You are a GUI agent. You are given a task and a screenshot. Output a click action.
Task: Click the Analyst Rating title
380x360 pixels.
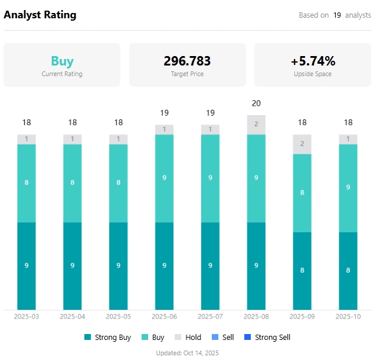point(40,15)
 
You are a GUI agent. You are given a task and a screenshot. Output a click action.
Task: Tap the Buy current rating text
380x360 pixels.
point(62,61)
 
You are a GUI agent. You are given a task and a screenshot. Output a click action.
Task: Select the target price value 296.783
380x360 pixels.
point(187,61)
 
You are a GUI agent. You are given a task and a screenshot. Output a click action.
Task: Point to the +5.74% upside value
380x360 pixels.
point(313,61)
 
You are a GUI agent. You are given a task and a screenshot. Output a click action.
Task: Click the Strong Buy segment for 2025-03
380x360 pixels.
point(27,266)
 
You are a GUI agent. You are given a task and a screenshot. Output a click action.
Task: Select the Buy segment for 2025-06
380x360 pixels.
point(165,178)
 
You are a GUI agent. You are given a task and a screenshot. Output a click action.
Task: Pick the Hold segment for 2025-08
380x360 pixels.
point(256,125)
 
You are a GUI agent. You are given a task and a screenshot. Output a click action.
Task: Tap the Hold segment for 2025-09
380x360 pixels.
point(302,144)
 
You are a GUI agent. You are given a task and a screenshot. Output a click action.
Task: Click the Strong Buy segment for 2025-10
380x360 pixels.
point(348,270)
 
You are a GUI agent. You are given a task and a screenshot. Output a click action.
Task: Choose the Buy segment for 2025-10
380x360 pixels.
point(348,188)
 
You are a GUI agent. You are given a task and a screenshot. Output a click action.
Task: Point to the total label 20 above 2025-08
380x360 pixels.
point(256,103)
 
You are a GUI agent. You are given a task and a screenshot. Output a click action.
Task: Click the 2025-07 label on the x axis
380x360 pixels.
point(210,316)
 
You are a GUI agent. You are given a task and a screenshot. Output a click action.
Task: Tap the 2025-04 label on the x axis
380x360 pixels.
point(73,316)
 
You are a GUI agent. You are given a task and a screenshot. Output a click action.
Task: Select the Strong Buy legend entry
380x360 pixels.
point(107,338)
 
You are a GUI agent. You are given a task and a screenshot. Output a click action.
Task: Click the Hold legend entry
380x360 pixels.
point(188,338)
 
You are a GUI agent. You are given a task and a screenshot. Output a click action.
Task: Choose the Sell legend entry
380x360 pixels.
point(223,338)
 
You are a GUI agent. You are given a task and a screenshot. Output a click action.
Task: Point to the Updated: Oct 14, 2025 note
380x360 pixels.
point(187,353)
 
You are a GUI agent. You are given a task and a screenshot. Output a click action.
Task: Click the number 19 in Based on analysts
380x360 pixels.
point(337,15)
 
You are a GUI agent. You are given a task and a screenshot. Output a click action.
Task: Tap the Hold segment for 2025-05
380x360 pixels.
point(119,139)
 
